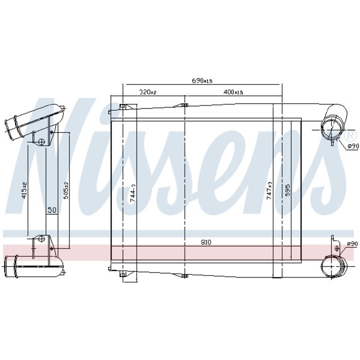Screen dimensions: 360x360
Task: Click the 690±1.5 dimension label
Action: (x=202, y=80)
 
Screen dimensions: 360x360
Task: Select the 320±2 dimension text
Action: (x=148, y=92)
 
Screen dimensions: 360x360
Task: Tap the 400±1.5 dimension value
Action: (x=233, y=92)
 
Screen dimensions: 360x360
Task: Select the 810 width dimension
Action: (x=205, y=242)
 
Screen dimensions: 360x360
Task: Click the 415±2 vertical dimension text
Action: (x=24, y=190)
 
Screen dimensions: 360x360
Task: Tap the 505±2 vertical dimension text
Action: (x=65, y=190)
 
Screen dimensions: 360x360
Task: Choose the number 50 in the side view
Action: (x=51, y=210)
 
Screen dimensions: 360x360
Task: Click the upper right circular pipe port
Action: (x=331, y=128)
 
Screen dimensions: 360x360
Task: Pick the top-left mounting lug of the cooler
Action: (x=123, y=106)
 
